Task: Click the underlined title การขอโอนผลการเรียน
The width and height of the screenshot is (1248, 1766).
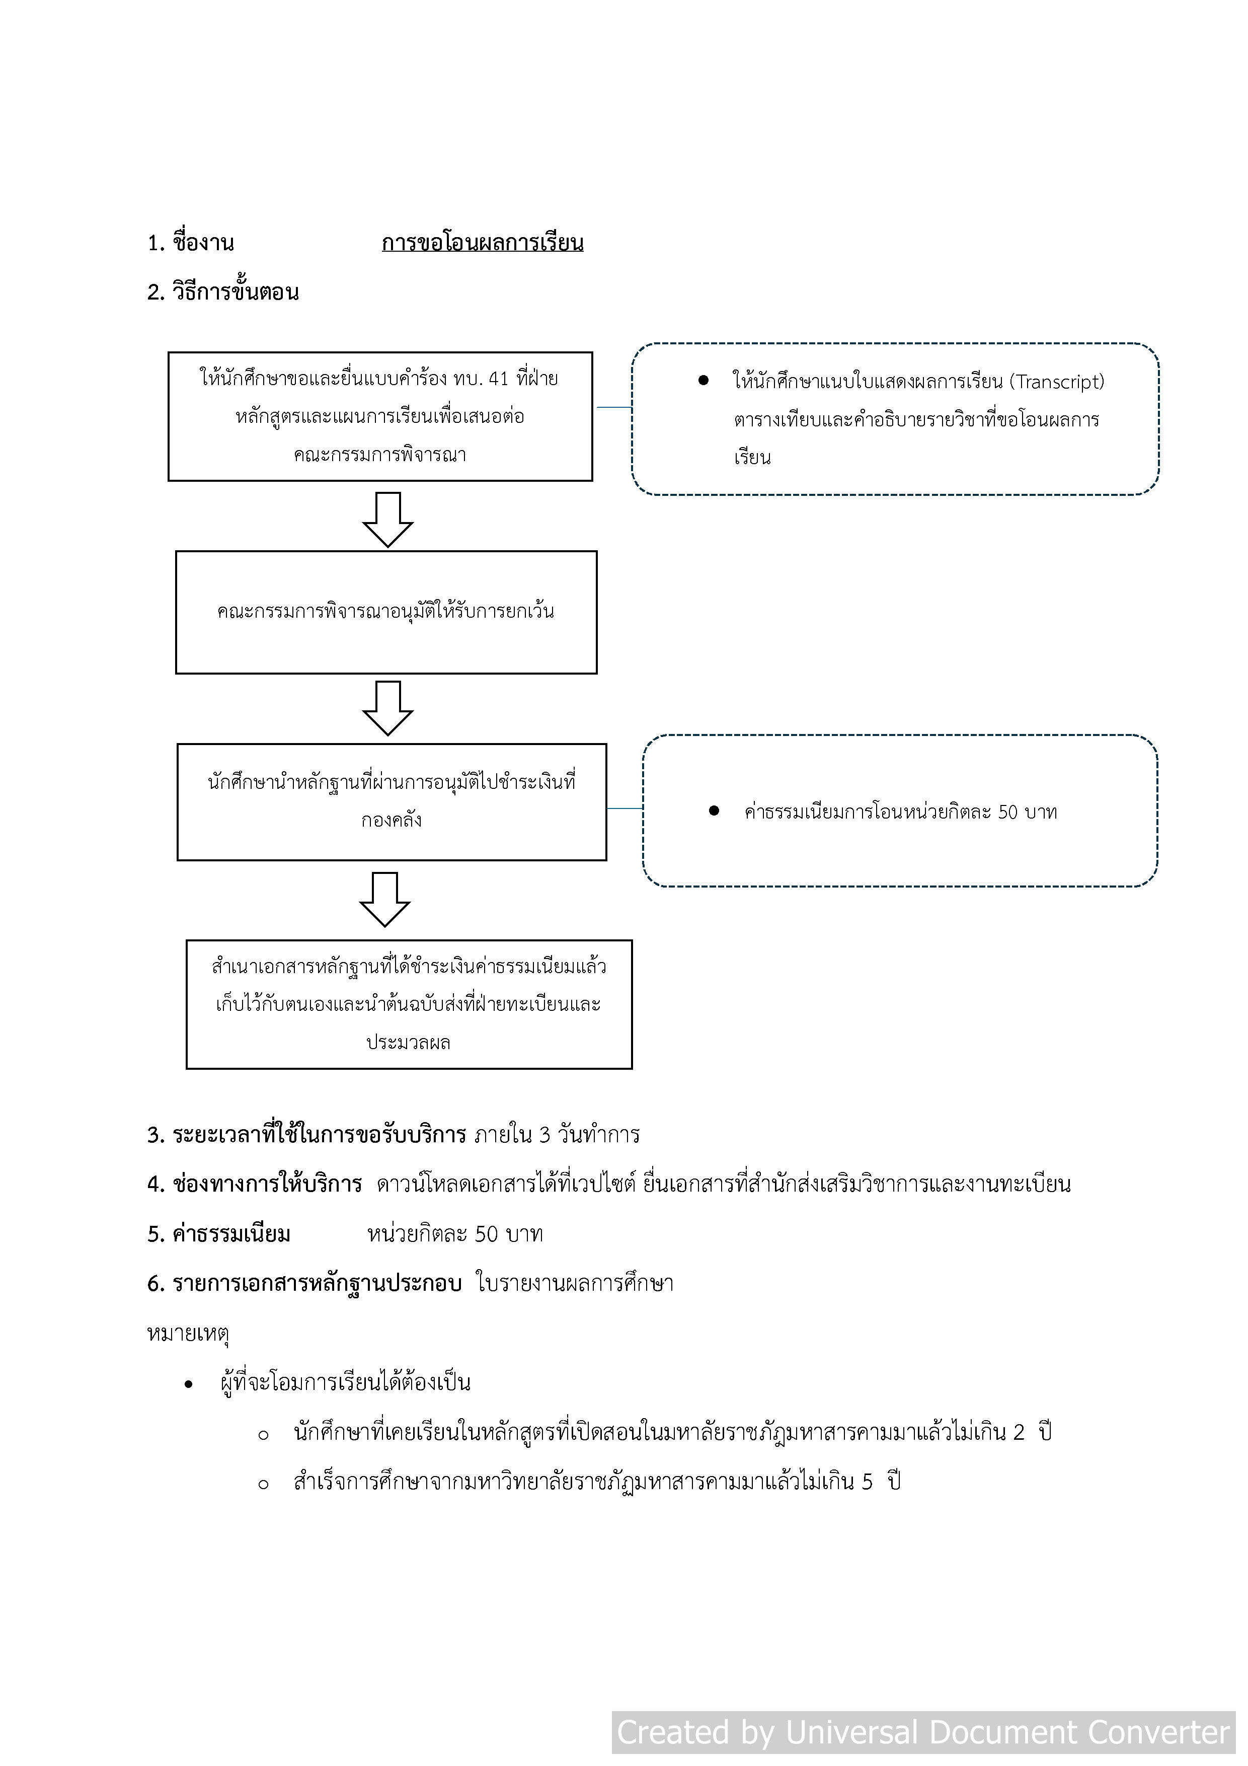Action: coord(482,243)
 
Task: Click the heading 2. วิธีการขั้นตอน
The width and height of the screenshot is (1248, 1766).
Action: coord(223,292)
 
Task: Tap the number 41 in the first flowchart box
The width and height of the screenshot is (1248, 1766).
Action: coord(498,379)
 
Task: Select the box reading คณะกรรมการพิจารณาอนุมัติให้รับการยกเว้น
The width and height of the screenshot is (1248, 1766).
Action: coord(386,612)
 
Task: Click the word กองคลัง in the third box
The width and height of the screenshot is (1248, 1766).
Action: coord(392,820)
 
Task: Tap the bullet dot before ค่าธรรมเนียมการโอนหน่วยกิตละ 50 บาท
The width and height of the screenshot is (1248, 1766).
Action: coord(714,811)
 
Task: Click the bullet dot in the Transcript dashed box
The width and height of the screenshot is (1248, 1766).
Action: coord(703,381)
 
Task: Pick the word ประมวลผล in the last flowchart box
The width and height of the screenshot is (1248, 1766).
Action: coord(408,1043)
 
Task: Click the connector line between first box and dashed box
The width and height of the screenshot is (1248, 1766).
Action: coord(613,407)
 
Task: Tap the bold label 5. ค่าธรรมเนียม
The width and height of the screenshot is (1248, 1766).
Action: coord(219,1234)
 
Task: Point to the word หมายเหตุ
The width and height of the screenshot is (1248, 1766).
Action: coord(188,1333)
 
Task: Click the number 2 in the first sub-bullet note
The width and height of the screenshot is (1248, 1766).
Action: coord(1019,1432)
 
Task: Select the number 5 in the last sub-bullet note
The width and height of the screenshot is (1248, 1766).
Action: coord(868,1482)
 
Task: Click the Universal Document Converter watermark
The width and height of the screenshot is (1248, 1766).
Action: coord(923,1732)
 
